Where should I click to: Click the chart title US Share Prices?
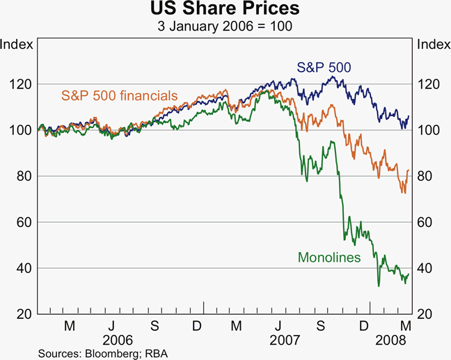[x=225, y=10]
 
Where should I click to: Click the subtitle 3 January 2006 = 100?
[x=225, y=26]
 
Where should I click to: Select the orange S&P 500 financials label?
[x=119, y=95]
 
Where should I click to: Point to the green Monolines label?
[x=329, y=257]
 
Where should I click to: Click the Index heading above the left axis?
[x=16, y=45]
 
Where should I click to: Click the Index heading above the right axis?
[x=432, y=45]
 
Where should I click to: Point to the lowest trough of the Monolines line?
[x=379, y=285]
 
